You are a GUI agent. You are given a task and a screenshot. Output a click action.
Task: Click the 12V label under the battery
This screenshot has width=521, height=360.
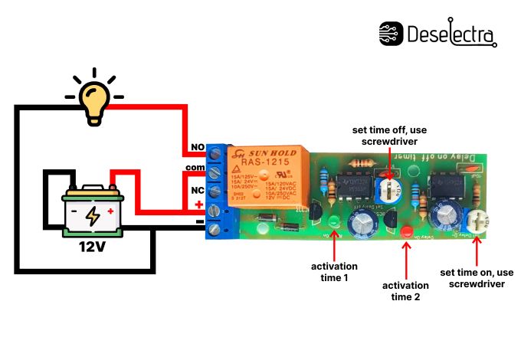tap(92, 247)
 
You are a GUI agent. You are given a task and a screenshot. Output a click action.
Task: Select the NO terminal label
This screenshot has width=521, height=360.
tap(196, 147)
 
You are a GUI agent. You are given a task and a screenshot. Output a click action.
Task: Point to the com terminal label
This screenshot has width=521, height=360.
tap(195, 167)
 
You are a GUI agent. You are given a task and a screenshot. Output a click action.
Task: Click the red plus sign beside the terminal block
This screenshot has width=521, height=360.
tap(198, 205)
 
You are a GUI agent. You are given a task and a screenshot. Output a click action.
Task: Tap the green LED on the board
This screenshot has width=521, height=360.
tap(335, 223)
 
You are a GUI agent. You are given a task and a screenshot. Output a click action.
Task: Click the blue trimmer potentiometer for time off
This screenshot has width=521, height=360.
tap(390, 189)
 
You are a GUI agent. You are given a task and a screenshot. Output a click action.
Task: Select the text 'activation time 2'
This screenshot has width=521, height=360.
tap(405, 291)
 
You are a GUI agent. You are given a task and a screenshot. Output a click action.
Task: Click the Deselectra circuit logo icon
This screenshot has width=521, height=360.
tap(392, 34)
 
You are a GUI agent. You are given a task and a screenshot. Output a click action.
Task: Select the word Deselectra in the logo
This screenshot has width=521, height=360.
tap(452, 34)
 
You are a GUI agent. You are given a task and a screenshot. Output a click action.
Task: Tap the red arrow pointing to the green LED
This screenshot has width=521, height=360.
tap(334, 244)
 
